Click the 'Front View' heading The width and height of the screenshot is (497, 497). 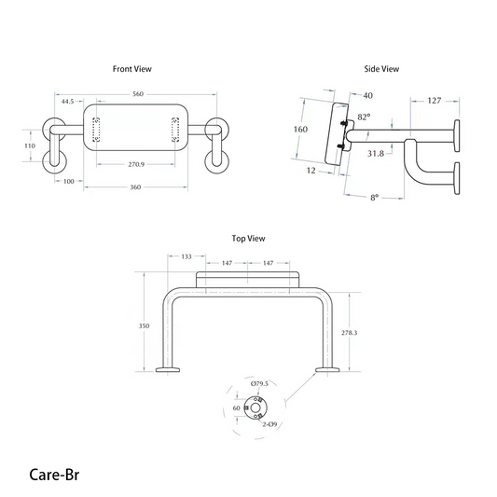click(x=131, y=69)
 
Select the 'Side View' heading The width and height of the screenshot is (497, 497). click(x=381, y=69)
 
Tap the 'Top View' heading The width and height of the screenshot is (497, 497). click(x=248, y=239)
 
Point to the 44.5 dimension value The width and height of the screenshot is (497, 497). click(x=68, y=102)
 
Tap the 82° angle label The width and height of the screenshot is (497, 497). click(x=364, y=117)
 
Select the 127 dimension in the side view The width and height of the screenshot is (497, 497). click(x=435, y=100)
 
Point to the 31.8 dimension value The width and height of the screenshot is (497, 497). click(x=378, y=153)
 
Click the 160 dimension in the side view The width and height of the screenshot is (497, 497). click(x=300, y=130)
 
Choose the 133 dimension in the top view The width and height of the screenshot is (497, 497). click(x=186, y=255)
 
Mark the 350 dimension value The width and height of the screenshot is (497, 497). click(x=143, y=326)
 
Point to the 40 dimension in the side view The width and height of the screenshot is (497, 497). click(x=367, y=95)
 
